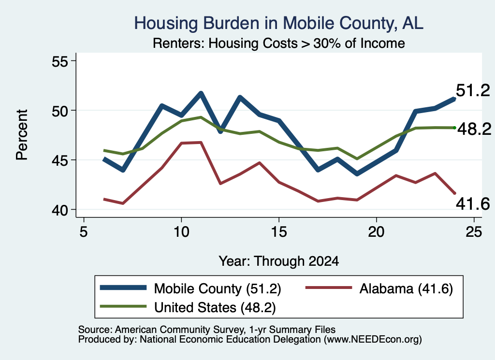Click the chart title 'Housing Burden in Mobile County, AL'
click(x=279, y=23)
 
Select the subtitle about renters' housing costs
click(x=279, y=43)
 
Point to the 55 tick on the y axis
click(x=60, y=61)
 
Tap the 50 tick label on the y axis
click(x=60, y=111)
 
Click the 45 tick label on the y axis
click(x=60, y=160)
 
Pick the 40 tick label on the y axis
click(x=60, y=210)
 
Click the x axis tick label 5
click(x=83, y=232)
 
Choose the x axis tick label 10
click(x=181, y=232)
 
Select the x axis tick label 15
click(x=279, y=232)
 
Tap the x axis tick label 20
click(x=376, y=232)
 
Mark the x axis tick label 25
click(x=474, y=232)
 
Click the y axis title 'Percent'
click(x=22, y=135)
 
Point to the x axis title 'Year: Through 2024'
click(x=279, y=261)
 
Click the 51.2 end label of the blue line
click(x=473, y=90)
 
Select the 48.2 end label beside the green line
click(x=474, y=129)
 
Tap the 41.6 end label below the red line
click(x=473, y=204)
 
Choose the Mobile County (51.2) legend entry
click(x=190, y=288)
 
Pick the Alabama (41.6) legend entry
click(x=379, y=288)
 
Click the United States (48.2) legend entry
click(x=188, y=307)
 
